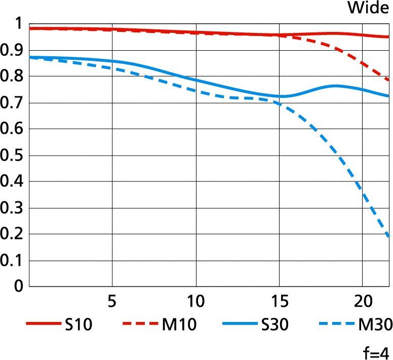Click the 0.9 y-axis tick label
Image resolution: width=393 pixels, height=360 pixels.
coord(12,50)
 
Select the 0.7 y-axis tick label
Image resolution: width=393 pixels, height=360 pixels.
coord(12,103)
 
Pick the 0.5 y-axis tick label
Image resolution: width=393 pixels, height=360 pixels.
coord(12,156)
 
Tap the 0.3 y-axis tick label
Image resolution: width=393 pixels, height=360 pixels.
coord(12,208)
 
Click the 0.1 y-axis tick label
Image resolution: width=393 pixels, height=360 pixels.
coord(12,261)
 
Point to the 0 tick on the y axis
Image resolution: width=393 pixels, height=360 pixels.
coord(18,287)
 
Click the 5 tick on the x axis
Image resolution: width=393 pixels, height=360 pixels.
coord(112,302)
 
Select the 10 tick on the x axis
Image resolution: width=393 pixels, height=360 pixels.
coord(195,302)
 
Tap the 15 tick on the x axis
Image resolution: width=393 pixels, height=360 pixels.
coord(279,302)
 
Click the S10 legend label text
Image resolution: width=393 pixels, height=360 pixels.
coord(78,325)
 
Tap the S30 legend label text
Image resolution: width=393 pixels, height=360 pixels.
coord(276,325)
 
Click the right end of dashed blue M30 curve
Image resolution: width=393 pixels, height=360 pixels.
coord(388,236)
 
